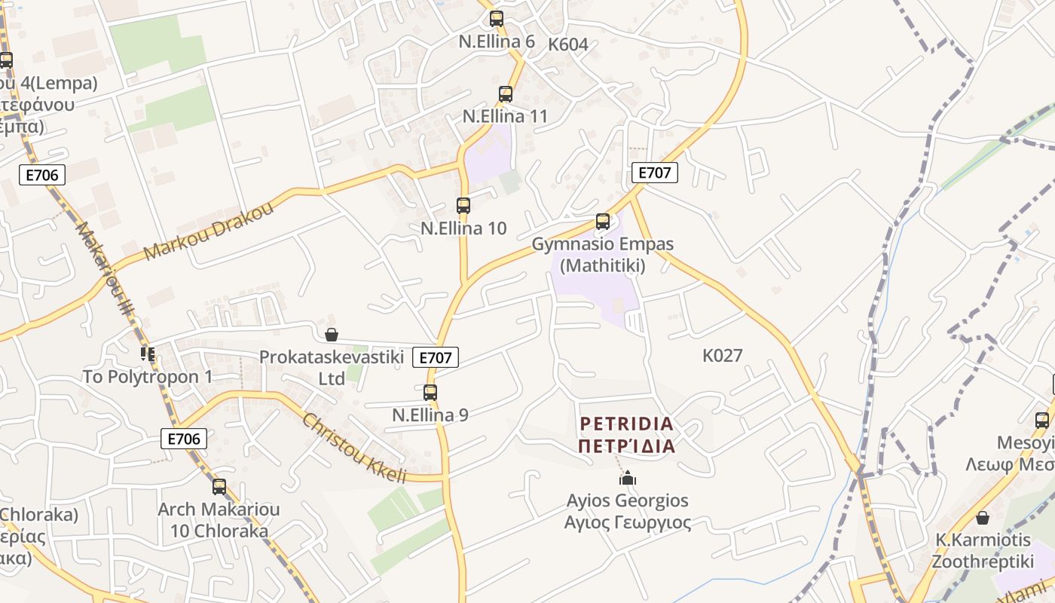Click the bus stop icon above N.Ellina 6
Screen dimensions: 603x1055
496,19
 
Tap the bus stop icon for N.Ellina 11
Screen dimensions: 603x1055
506,94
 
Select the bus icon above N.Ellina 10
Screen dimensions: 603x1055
463,205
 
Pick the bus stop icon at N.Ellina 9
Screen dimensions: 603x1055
430,392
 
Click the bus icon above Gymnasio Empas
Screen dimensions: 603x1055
603,221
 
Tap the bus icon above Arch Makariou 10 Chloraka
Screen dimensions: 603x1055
219,487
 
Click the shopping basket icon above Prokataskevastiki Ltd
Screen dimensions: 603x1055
331,335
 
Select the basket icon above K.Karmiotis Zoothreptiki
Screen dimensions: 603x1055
983,518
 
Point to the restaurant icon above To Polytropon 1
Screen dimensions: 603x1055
148,354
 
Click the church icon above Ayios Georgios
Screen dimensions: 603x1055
627,478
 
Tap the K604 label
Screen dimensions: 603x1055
568,44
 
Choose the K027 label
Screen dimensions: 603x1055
723,356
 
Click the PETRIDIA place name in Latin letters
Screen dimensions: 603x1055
627,424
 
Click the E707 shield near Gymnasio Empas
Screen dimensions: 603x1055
654,173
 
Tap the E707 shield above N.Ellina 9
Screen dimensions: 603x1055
436,358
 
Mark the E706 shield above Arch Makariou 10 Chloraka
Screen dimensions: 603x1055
183,439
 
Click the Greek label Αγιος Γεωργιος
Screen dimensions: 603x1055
627,522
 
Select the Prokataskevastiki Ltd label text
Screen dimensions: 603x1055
332,367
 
